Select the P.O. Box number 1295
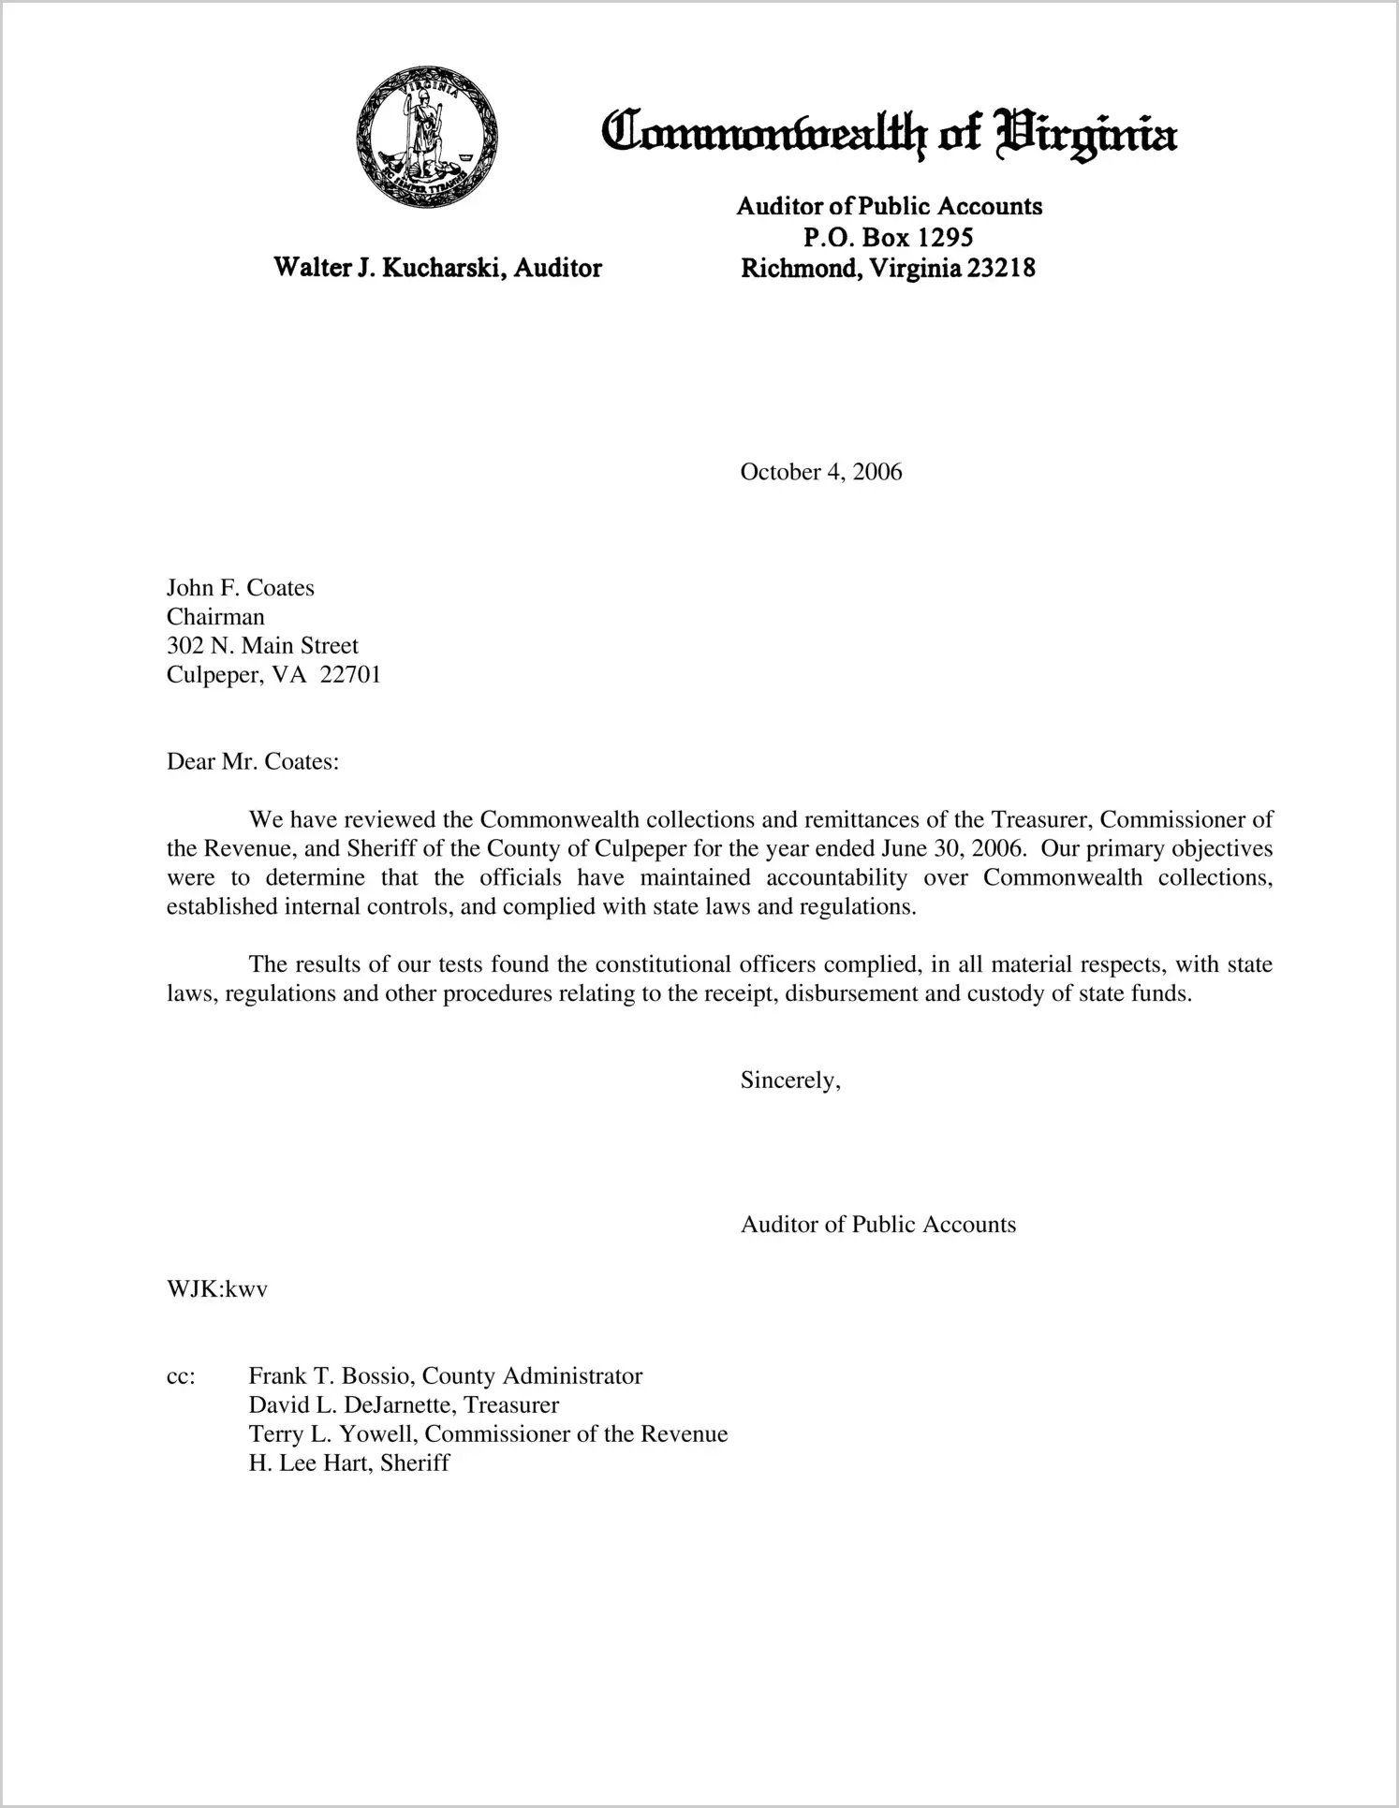937,237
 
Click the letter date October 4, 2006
820,471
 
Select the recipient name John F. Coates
241,588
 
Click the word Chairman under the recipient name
215,617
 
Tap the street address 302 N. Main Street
262,646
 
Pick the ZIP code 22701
350,675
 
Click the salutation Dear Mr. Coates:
252,761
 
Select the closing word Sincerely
788,1080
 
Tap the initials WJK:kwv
217,1288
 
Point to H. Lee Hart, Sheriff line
348,1463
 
